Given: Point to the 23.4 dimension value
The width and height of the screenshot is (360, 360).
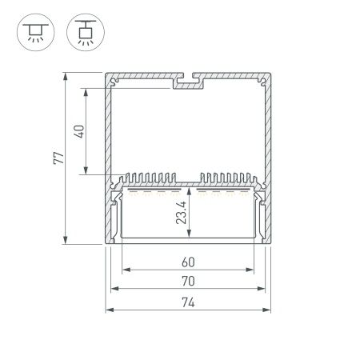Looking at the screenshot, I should pyautogui.click(x=182, y=214).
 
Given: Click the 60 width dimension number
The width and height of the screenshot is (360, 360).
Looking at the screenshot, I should pyautogui.click(x=187, y=261).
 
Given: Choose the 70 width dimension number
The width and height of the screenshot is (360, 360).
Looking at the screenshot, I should pyautogui.click(x=187, y=281).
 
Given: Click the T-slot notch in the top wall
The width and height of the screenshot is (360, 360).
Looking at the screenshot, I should pyautogui.click(x=190, y=81).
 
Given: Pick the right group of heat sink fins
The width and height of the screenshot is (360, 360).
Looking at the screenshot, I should pyautogui.click(x=228, y=178).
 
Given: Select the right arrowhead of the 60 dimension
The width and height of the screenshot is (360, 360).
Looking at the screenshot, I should pyautogui.click(x=250, y=269).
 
